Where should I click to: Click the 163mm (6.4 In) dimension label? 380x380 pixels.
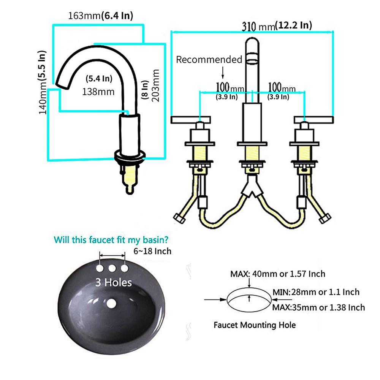(x=101, y=16)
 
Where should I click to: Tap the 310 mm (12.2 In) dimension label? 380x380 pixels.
(x=277, y=26)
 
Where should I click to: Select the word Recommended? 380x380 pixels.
(x=209, y=59)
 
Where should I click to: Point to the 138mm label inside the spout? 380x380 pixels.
(x=98, y=92)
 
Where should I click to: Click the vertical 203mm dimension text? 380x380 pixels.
(x=155, y=85)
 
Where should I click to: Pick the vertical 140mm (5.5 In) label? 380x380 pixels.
(x=42, y=82)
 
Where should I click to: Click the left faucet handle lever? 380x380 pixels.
(x=191, y=120)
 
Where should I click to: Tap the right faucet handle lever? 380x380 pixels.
(x=313, y=120)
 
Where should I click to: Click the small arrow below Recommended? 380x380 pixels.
(x=223, y=73)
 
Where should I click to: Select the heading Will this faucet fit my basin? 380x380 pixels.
(x=111, y=240)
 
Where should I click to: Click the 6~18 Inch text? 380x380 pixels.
(x=152, y=251)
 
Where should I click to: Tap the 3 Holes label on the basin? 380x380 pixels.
(x=113, y=282)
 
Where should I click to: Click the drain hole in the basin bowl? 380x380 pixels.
(x=111, y=303)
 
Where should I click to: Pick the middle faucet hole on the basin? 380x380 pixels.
(x=112, y=268)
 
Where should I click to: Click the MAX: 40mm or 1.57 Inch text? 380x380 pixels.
(x=278, y=274)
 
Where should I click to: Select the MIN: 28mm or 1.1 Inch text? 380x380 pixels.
(x=316, y=292)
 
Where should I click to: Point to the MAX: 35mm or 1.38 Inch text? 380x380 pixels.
(x=319, y=307)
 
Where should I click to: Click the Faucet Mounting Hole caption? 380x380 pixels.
(x=255, y=325)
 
